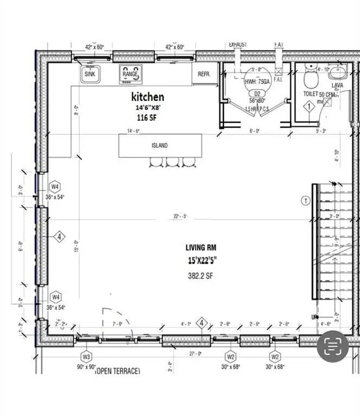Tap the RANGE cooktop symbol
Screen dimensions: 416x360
[x=130, y=74]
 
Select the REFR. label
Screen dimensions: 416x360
[x=204, y=74]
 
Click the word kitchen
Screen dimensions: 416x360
[x=147, y=97]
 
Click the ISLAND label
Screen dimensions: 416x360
[x=159, y=145]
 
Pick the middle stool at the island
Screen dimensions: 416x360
[x=173, y=161]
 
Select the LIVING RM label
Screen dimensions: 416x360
[x=201, y=248]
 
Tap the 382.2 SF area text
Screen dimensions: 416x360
[x=200, y=275]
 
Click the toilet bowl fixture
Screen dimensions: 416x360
[x=310, y=80]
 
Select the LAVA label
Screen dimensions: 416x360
[x=337, y=85]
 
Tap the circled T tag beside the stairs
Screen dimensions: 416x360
[x=305, y=200]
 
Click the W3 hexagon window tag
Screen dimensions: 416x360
[x=86, y=356]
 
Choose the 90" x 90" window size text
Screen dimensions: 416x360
[x=86, y=367]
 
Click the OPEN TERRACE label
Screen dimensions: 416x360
[x=118, y=371]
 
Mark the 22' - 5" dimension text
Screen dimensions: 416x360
[x=181, y=217]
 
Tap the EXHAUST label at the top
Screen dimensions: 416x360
[x=238, y=44]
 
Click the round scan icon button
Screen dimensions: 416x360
[x=333, y=346]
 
